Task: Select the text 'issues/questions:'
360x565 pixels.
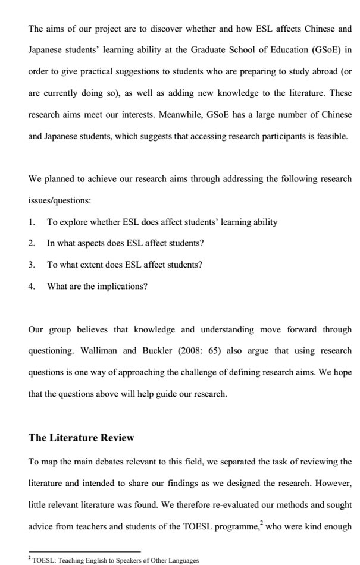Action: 60,200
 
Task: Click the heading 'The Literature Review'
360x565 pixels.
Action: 82,438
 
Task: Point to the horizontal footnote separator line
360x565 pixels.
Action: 84,551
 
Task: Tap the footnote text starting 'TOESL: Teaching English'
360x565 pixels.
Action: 115,560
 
